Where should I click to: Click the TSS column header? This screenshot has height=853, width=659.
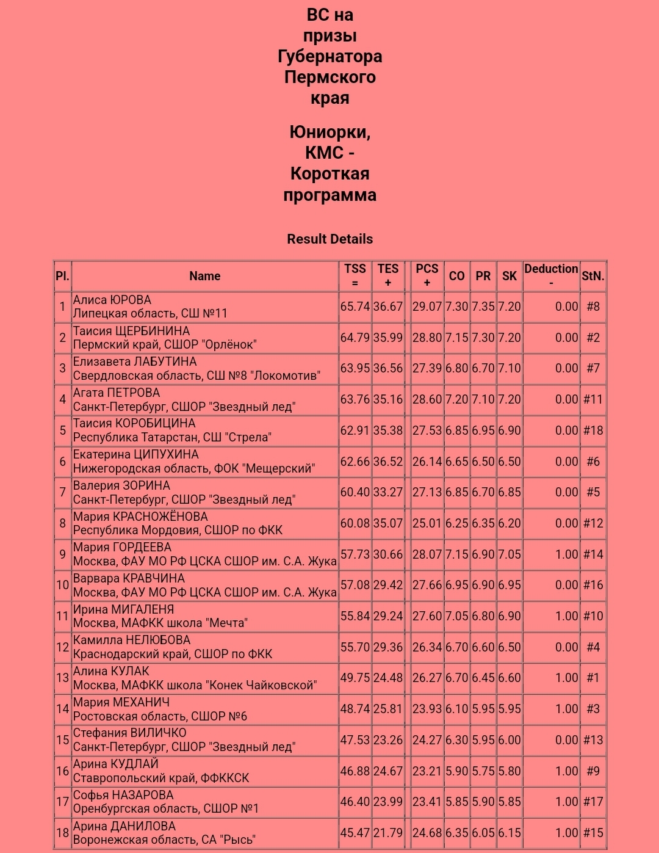[355, 275]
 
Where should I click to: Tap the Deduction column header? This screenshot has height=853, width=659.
[551, 275]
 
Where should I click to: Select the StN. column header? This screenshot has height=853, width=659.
[592, 276]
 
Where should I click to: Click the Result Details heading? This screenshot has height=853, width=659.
[329, 239]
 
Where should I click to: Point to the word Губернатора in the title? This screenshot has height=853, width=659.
[329, 56]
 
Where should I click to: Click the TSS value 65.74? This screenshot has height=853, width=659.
[355, 307]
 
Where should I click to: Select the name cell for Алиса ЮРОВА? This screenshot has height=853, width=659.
[205, 307]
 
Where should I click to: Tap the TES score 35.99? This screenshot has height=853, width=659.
[388, 338]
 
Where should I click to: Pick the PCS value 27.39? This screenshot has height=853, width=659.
[427, 368]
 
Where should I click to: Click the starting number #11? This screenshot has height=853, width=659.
[592, 399]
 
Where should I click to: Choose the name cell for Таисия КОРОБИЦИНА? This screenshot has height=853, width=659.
[205, 430]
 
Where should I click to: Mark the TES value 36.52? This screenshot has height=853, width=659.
[388, 462]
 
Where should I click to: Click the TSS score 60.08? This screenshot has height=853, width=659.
[355, 523]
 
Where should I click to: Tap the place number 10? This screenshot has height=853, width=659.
[62, 585]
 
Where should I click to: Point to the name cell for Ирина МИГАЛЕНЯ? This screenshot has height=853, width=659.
[205, 616]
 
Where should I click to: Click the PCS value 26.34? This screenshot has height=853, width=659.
[427, 647]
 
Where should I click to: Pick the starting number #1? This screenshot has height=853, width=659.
[592, 678]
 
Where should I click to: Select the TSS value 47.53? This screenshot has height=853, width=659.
[355, 740]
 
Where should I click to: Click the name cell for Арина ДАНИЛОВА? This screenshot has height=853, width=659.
[205, 833]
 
